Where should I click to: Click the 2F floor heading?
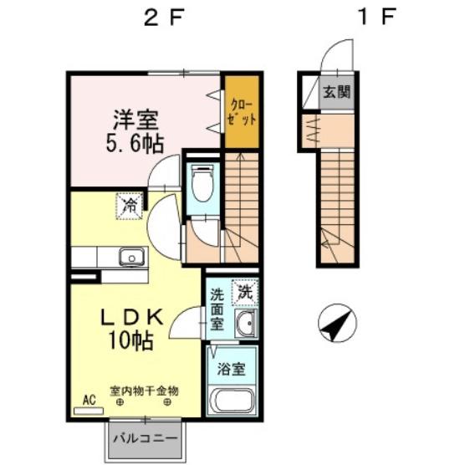pos(164,17)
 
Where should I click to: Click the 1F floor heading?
pos(377,17)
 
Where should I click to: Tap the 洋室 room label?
pos(135,120)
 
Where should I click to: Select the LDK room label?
pos(132,317)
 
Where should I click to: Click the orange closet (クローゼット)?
pos(242,112)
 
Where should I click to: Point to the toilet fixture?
pos(202,184)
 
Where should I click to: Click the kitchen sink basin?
pos(132,257)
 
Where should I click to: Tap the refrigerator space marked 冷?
pos(130,206)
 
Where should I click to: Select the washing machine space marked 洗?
pos(245,292)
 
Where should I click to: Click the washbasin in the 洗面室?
pos(245,324)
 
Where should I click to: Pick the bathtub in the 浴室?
pos(232,401)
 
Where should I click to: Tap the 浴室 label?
pos(232,369)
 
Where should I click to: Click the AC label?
pos(89,400)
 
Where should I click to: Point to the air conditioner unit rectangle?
pos(89,411)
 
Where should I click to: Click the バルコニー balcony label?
pos(146,438)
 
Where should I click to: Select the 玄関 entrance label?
pos(337,92)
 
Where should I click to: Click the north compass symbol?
pos(337,323)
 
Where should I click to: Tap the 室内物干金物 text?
pos(144,391)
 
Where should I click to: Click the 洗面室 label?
pos(217,309)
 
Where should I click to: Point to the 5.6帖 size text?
pos(135,143)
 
